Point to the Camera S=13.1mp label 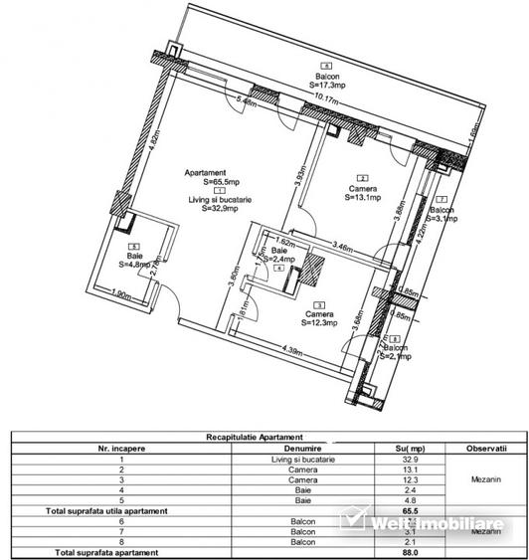click(x=363, y=192)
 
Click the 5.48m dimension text click(x=249, y=100)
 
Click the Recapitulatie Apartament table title click(x=264, y=437)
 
